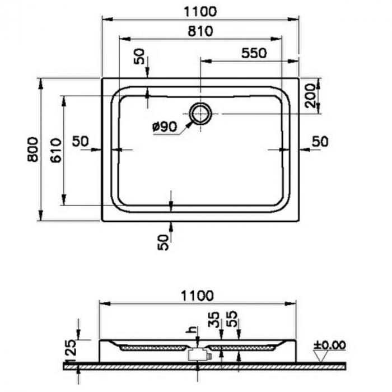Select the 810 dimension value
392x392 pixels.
pos(201,31)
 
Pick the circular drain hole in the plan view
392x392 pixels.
pos(200,114)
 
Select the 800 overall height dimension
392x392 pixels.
pos(32,150)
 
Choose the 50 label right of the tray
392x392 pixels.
pos(320,142)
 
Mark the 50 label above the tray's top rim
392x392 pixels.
pos(139,57)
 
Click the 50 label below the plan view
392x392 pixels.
pos(163,242)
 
